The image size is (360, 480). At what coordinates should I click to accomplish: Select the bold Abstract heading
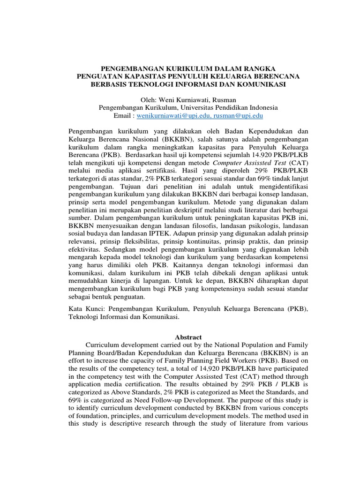tap(188, 337)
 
